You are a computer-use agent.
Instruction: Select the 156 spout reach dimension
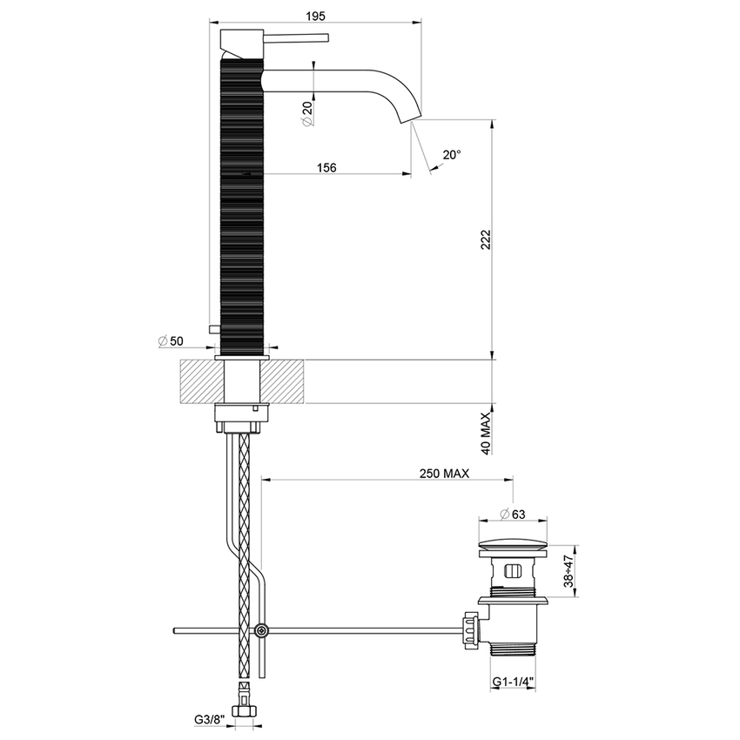click(x=326, y=166)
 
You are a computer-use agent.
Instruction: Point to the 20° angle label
click(x=452, y=154)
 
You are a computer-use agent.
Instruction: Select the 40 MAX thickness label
click(x=487, y=433)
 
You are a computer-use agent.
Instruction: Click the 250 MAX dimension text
click(x=444, y=474)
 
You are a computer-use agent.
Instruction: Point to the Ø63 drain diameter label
click(x=511, y=514)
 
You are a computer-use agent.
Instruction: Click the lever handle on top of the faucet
click(x=296, y=37)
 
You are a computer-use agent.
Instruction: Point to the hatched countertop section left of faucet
click(x=200, y=381)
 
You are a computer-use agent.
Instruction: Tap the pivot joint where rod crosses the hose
click(x=260, y=630)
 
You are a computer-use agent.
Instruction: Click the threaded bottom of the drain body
click(x=514, y=647)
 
